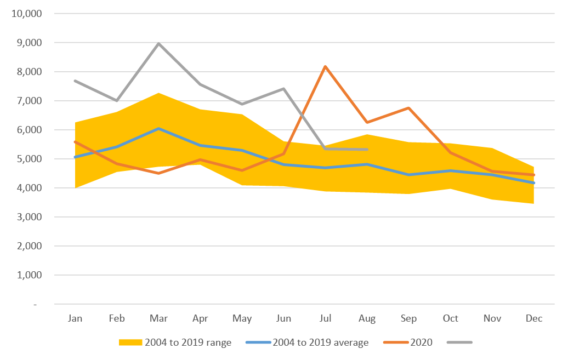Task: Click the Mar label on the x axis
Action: [158, 318]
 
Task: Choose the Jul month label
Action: [325, 318]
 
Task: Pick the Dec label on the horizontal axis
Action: [534, 318]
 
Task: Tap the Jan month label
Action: [75, 318]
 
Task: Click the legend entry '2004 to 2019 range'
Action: [188, 342]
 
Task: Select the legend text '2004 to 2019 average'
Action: [321, 342]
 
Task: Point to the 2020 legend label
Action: [422, 342]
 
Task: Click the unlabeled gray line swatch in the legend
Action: [459, 342]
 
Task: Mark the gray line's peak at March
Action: [158, 43]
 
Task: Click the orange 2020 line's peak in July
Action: [325, 67]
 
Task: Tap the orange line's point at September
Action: [408, 108]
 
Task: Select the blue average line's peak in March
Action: [158, 129]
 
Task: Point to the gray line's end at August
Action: [367, 150]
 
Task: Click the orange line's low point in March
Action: [158, 173]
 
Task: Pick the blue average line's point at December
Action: [533, 183]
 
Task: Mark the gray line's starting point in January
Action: [75, 81]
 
